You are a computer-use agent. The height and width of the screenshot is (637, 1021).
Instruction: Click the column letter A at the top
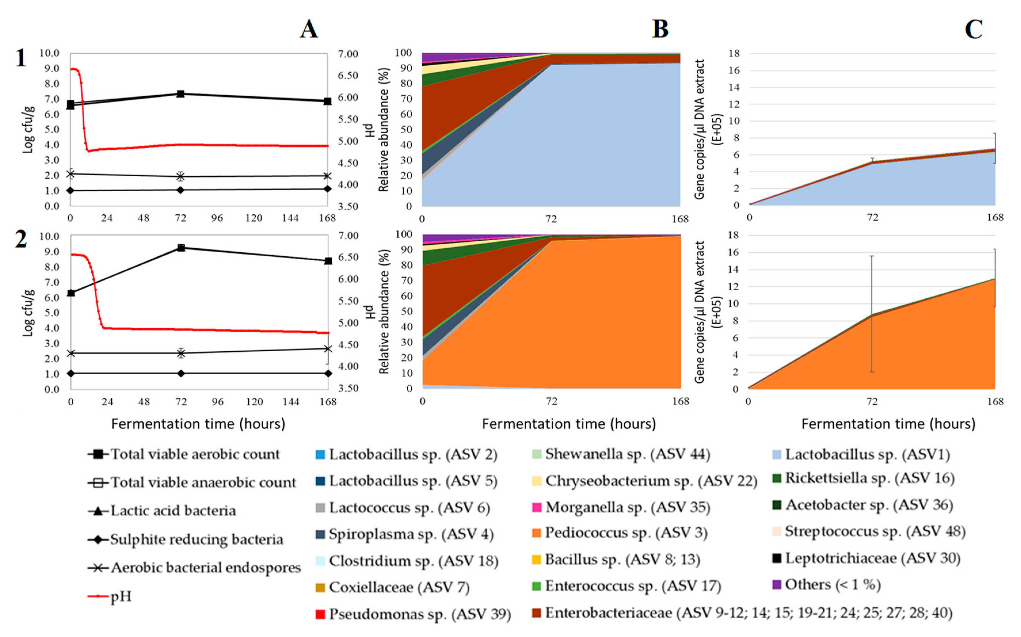point(309,29)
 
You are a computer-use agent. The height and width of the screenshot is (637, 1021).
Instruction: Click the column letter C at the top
point(974,29)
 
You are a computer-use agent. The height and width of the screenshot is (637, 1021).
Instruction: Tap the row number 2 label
point(21,239)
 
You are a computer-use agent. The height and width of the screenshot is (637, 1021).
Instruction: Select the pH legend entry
point(121,596)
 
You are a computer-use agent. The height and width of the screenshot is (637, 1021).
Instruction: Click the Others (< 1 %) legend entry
point(832,585)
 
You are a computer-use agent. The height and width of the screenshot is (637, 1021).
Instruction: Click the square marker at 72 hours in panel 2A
point(181,248)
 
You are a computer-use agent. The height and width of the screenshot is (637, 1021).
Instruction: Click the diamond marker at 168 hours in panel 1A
point(327,189)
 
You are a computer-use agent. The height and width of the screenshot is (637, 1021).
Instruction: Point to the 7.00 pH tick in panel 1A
point(348,54)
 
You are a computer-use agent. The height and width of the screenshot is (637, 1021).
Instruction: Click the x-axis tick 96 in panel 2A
point(218,401)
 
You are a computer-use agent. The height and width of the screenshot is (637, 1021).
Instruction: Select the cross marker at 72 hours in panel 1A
point(180,176)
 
